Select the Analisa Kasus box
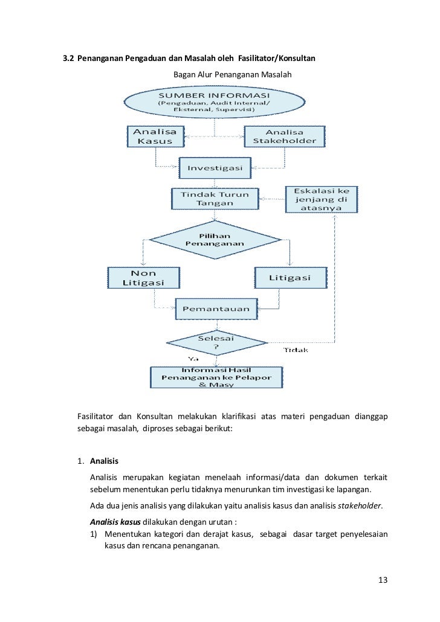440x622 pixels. pyautogui.click(x=156, y=136)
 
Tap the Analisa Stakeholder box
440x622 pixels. pyautogui.click(x=284, y=136)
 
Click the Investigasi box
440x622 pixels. pyautogui.click(x=215, y=168)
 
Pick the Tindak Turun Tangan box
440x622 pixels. pyautogui.click(x=215, y=198)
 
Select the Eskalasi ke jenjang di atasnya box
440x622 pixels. pyautogui.click(x=322, y=199)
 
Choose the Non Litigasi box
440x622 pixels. pyautogui.click(x=143, y=278)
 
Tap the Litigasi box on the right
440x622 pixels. pyautogui.click(x=290, y=278)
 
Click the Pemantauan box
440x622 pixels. pyautogui.click(x=216, y=309)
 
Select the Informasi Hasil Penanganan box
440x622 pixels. pyautogui.click(x=216, y=377)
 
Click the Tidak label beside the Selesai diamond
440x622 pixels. pyautogui.click(x=296, y=350)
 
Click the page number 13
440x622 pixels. pyautogui.click(x=382, y=580)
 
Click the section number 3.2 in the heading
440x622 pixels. pyautogui.click(x=70, y=59)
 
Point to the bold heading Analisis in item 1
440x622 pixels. pyautogui.click(x=105, y=462)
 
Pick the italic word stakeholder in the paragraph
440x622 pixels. pyautogui.click(x=361, y=505)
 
